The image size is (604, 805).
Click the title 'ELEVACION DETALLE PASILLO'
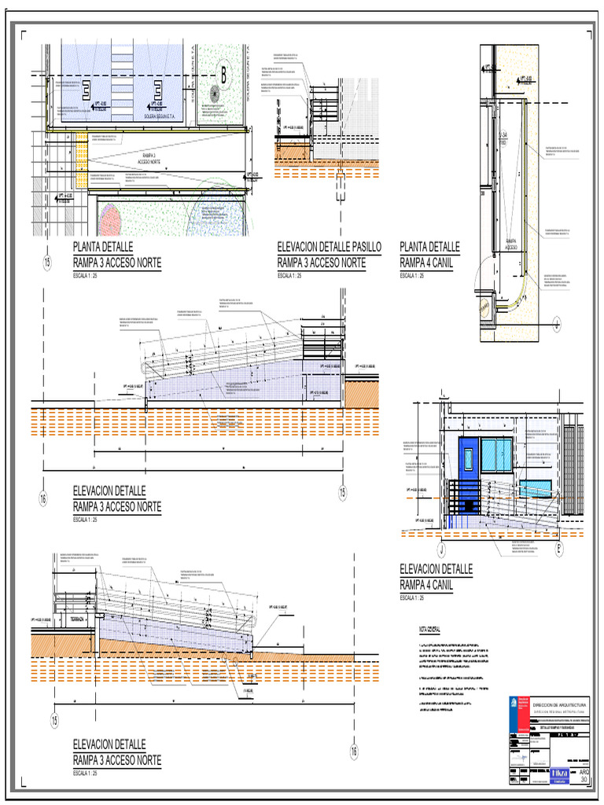click(329, 247)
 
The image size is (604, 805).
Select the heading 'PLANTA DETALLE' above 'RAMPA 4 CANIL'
click(429, 247)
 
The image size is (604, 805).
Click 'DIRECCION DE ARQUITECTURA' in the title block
click(560, 706)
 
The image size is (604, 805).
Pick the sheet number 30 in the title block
click(583, 779)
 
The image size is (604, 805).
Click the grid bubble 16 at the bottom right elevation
click(353, 752)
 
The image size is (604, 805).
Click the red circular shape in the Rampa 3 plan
click(110, 220)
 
